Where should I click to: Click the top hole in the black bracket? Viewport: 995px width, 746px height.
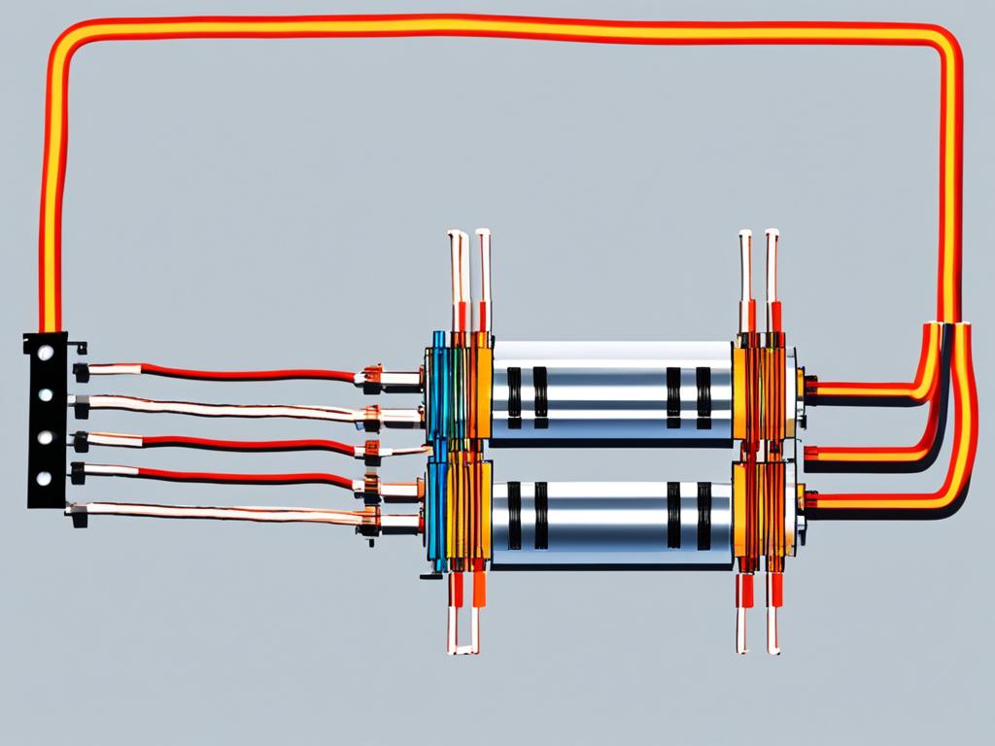point(44,356)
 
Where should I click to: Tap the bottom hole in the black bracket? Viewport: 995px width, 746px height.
point(44,478)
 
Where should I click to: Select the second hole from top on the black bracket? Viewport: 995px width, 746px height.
point(44,395)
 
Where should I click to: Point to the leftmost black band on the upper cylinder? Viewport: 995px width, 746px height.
point(514,396)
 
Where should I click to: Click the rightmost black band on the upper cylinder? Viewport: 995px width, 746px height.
point(703,396)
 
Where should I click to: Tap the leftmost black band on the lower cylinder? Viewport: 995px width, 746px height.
point(514,516)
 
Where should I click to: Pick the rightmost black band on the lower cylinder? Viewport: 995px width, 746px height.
point(703,516)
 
